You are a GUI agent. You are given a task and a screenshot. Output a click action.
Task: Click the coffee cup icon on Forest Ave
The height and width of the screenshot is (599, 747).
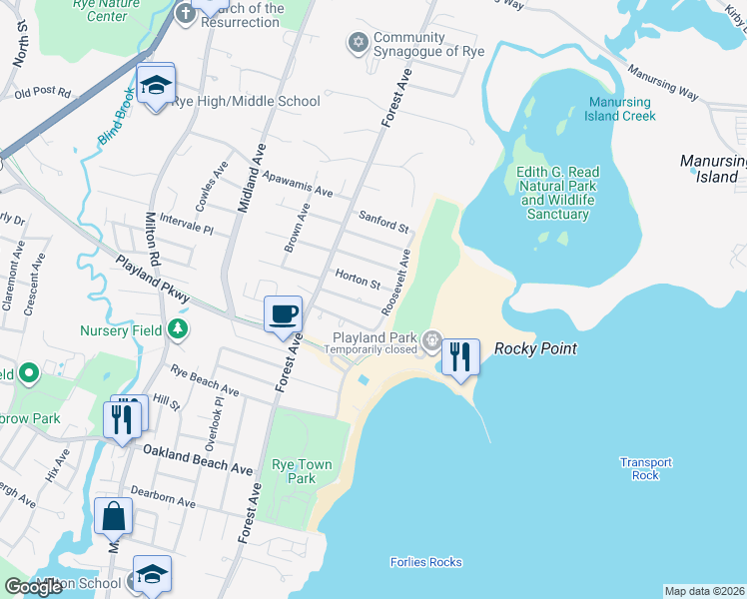point(283,314)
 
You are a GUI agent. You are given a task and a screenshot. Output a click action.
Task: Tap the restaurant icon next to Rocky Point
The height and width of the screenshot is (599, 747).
point(459,357)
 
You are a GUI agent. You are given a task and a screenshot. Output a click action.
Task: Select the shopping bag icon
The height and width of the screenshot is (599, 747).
point(113,517)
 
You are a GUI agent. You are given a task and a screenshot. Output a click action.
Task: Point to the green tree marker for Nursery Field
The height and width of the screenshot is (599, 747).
point(177,327)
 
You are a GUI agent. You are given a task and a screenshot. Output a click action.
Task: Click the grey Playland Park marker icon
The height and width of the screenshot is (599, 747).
point(431,340)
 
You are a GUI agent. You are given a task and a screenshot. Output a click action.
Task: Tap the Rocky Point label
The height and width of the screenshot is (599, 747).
point(536,349)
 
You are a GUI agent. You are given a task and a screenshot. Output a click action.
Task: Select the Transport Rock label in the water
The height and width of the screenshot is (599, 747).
point(645,468)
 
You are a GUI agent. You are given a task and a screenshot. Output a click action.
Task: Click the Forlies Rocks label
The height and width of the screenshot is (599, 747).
point(425,562)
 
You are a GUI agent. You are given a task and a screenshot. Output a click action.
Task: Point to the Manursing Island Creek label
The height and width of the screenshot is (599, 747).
point(621,109)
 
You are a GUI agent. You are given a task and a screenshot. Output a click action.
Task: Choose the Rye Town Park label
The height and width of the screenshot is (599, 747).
point(294,471)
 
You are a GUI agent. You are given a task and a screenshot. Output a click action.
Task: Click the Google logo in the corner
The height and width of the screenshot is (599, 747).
point(34,587)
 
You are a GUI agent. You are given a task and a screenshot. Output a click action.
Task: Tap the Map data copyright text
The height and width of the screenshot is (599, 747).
point(704,591)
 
